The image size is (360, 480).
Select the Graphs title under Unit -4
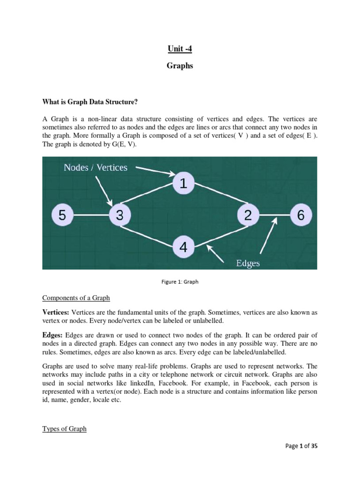tap(180, 66)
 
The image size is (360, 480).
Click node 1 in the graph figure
tap(183, 184)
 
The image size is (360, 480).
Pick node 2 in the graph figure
tap(248, 216)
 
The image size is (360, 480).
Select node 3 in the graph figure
tap(120, 216)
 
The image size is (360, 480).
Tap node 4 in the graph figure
tap(183, 247)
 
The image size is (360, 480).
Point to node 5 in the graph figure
tap(62, 216)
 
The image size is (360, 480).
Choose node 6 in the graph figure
tap(301, 216)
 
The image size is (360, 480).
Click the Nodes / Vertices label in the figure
tap(96, 168)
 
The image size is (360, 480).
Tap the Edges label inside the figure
tap(248, 263)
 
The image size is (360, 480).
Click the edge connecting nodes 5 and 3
tap(91, 216)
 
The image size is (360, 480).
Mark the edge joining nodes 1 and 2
tap(216, 200)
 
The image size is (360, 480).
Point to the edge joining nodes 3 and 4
tap(151, 232)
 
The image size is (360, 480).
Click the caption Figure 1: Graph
tap(180, 282)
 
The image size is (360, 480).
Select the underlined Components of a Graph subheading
tap(76, 298)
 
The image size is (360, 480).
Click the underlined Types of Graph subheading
tap(64, 428)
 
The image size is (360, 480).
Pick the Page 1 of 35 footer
tap(301, 446)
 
